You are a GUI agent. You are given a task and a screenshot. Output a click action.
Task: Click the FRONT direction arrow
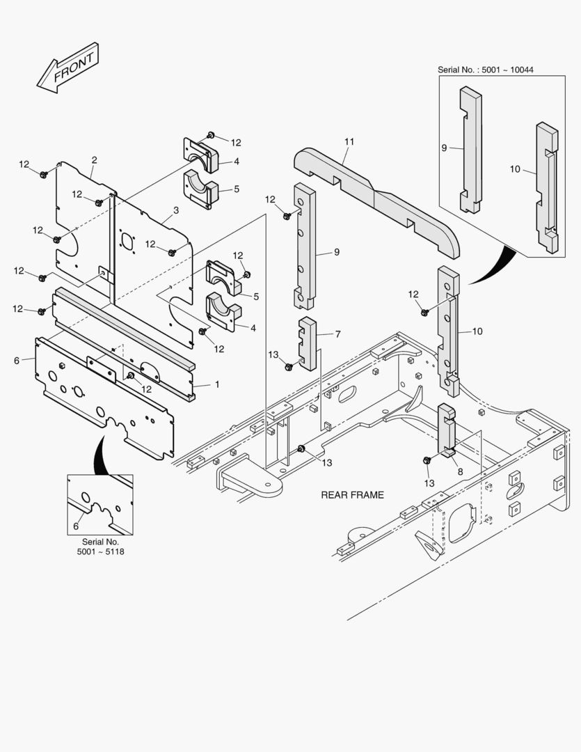(68, 68)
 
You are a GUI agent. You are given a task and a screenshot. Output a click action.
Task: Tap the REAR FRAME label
(352, 495)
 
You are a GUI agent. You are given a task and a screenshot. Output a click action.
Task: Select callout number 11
(349, 142)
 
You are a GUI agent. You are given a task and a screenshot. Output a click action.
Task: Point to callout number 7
(337, 334)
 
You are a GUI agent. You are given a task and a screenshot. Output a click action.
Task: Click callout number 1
(216, 384)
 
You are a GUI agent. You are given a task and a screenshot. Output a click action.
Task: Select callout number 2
(94, 159)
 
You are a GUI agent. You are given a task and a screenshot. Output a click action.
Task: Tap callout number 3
(176, 210)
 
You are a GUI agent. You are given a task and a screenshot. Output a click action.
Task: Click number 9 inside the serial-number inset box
(444, 148)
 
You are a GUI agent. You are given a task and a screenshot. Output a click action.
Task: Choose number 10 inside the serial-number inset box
(515, 169)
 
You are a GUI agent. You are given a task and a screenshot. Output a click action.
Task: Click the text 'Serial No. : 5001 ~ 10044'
(491, 70)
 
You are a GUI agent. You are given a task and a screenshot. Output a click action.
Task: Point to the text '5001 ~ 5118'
(101, 551)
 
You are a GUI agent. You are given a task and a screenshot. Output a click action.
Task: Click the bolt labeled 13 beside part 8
(427, 460)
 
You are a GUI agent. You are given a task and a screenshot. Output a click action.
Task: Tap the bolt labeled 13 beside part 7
(289, 366)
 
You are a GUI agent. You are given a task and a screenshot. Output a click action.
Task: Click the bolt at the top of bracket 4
(212, 135)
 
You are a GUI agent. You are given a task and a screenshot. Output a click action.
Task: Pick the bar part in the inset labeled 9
(471, 150)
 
